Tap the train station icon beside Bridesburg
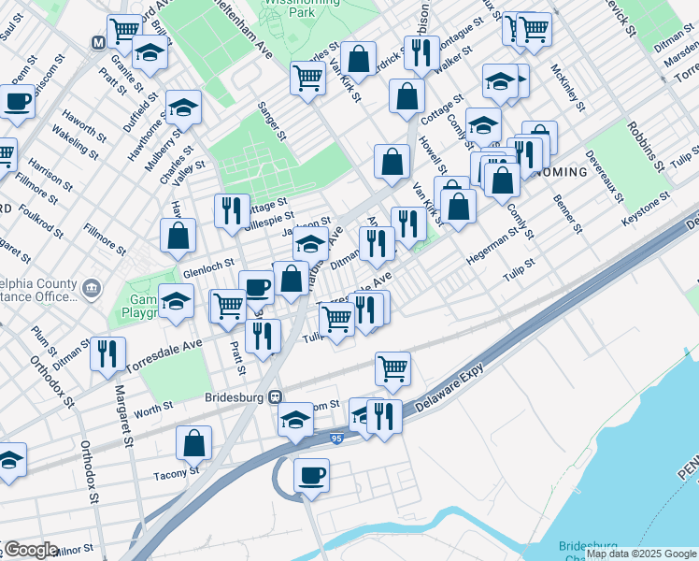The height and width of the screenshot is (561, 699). click(275, 396)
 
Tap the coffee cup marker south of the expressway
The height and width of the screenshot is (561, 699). click(311, 475)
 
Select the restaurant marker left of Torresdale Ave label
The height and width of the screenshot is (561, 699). click(107, 352)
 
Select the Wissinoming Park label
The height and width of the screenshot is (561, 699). click(314, 8)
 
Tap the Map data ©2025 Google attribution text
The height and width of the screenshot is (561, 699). click(641, 554)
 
